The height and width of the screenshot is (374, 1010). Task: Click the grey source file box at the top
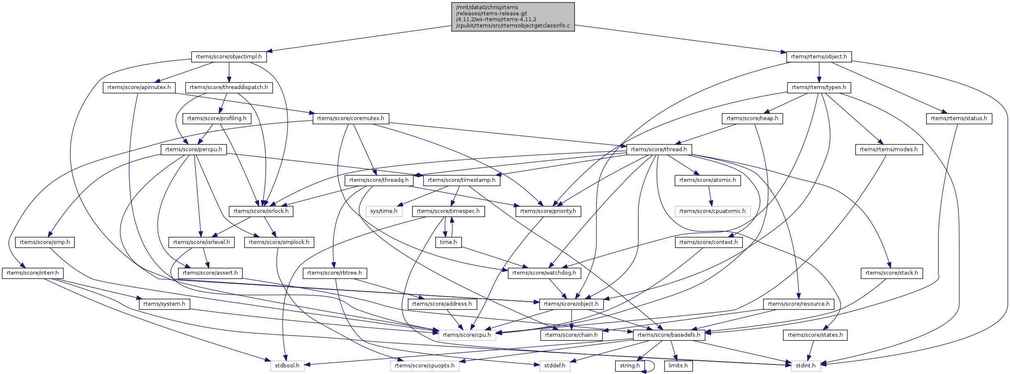[513, 17]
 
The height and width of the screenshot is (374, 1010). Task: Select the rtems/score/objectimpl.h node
[229, 57]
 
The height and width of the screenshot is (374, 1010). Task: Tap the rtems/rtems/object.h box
[819, 57]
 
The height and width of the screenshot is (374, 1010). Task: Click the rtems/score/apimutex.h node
[139, 87]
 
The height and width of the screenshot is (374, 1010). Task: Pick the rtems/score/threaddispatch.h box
[229, 87]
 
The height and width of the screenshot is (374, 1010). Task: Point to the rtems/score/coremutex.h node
[350, 118]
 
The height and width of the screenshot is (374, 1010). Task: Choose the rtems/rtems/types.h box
[819, 87]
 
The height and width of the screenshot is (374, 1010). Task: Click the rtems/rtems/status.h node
[959, 118]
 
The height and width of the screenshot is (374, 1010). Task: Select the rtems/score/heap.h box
[752, 118]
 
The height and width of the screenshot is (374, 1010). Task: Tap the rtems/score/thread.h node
[659, 150]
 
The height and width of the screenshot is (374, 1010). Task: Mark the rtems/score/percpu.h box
[194, 150]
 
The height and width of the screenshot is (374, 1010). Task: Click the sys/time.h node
[384, 211]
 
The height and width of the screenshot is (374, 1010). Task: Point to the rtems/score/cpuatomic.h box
[712, 211]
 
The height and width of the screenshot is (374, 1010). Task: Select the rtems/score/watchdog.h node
[544, 273]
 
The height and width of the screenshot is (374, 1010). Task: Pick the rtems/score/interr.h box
[33, 273]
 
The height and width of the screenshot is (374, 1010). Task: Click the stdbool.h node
[287, 366]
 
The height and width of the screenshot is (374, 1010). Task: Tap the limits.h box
[678, 366]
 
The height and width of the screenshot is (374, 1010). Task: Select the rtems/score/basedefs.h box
[669, 335]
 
